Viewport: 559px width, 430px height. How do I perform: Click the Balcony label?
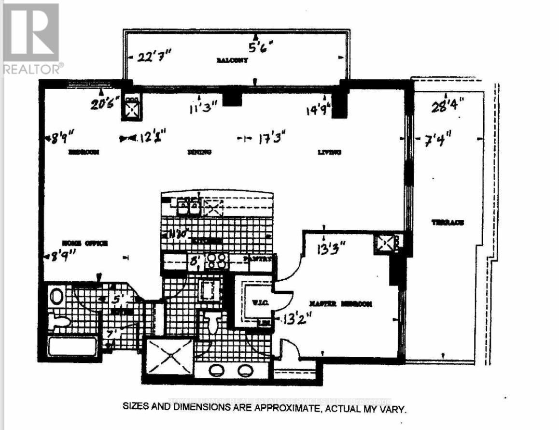pyautogui.click(x=232, y=61)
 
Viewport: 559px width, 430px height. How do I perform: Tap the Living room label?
pyautogui.click(x=330, y=152)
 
